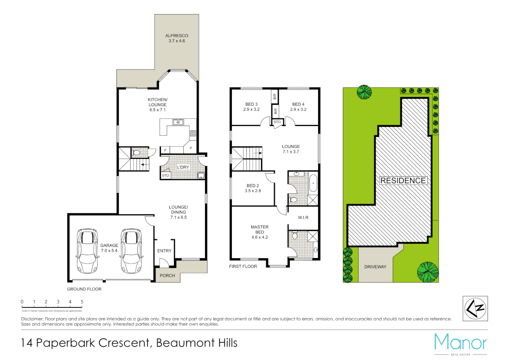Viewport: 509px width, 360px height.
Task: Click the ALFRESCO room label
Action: (x=177, y=38)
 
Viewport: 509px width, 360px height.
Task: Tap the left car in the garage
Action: (x=87, y=251)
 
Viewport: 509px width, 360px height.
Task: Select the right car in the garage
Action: (x=131, y=251)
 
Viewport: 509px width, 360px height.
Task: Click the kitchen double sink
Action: (x=178, y=122)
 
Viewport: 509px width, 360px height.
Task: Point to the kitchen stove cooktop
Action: (x=193, y=134)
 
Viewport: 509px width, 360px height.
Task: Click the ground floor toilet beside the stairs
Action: (x=136, y=153)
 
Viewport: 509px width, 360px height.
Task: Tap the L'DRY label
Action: (x=183, y=167)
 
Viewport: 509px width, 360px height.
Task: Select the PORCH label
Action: (x=167, y=276)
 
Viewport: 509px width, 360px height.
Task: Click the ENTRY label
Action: (x=164, y=251)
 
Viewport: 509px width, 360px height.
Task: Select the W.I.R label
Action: (x=303, y=218)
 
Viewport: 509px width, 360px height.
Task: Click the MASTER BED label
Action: (x=259, y=230)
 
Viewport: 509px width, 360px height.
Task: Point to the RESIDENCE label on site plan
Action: (x=403, y=181)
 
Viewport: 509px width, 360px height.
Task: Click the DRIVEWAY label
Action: (x=375, y=267)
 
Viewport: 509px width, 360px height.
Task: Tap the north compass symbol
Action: (x=475, y=308)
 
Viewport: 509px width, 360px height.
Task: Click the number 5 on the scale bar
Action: (x=82, y=302)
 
